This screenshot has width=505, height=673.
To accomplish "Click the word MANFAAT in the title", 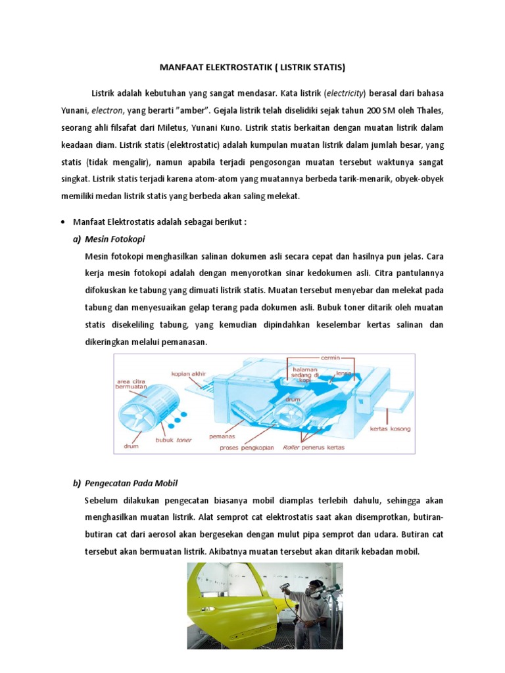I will (181, 67).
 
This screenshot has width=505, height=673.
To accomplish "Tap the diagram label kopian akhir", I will (189, 374).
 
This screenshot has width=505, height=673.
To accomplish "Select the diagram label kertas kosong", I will (390, 429).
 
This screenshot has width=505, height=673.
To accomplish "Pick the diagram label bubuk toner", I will (174, 440).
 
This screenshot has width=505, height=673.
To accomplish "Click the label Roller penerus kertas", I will (314, 448).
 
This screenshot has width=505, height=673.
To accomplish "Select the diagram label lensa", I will (345, 373).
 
